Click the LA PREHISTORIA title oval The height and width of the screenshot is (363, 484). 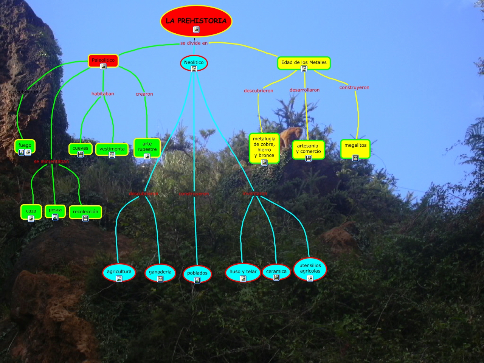(x=196, y=22)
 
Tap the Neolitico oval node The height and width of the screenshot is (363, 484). (x=194, y=63)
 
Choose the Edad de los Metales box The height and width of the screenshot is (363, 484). (x=304, y=63)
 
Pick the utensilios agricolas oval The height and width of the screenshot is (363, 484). (x=310, y=270)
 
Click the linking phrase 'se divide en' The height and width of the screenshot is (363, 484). (x=194, y=43)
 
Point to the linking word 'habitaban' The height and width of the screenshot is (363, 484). (x=103, y=94)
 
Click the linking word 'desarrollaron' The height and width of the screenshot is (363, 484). (x=305, y=90)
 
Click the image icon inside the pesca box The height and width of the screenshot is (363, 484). (x=55, y=217)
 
